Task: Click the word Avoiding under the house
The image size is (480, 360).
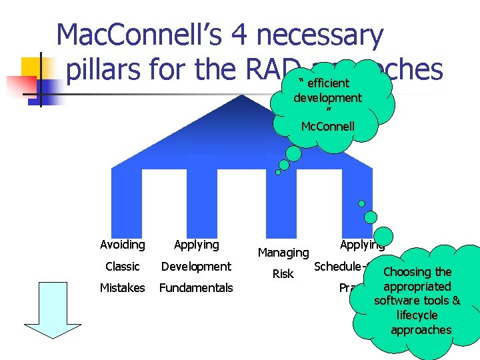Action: click(122, 245)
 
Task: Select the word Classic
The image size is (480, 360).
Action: click(122, 267)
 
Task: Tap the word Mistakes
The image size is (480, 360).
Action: click(122, 288)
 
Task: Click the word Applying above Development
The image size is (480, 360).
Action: click(196, 245)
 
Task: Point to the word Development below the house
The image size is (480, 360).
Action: click(196, 267)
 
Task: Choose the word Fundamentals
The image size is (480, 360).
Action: click(196, 288)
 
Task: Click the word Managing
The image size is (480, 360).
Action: click(283, 253)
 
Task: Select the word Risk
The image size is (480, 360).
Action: click(283, 274)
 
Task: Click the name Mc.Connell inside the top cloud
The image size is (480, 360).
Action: click(327, 126)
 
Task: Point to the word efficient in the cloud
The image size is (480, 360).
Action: click(328, 83)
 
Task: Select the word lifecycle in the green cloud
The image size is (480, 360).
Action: click(417, 315)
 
